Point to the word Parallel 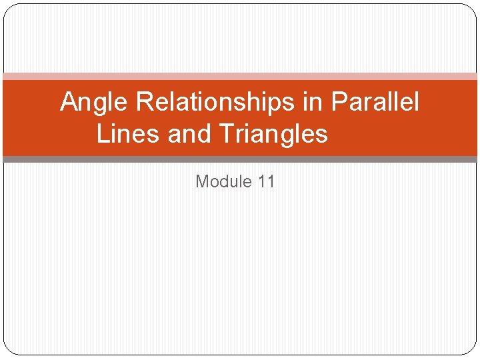coord(375,103)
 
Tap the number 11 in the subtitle coord(266,181)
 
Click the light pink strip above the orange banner coord(240,77)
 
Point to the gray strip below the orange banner coord(240,159)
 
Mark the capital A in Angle coord(68,103)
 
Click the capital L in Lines coord(102,134)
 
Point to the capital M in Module coord(202,181)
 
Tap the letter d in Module coord(225,181)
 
